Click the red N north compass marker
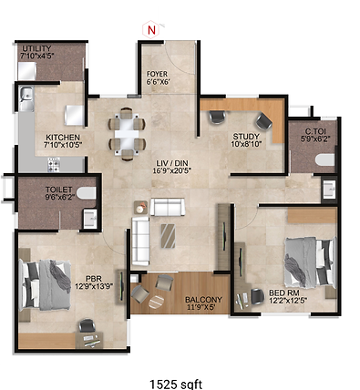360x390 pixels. click(152, 28)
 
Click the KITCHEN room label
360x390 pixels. click(63, 139)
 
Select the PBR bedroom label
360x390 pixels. click(93, 279)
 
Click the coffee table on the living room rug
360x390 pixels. click(170, 234)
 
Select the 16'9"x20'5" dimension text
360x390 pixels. click(172, 170)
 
